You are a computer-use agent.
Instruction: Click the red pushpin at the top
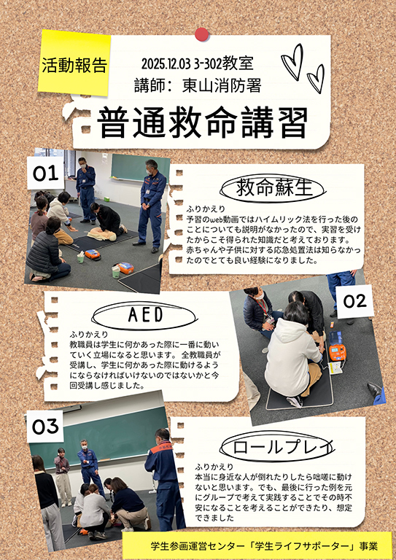(x=202, y=34)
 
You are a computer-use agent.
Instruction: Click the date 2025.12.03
(x=166, y=64)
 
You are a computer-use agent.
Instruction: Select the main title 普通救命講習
(x=203, y=123)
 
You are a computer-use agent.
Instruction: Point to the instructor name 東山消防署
(x=222, y=86)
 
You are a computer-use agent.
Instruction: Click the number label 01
(x=46, y=174)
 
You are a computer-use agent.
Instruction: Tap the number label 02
(x=355, y=302)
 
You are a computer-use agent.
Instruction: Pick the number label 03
(x=45, y=426)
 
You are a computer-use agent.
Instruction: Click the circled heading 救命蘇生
(x=274, y=188)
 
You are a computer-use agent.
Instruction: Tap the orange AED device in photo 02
(x=338, y=352)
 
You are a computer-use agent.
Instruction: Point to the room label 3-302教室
(x=224, y=64)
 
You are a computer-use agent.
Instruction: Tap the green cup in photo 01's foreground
(x=116, y=272)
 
